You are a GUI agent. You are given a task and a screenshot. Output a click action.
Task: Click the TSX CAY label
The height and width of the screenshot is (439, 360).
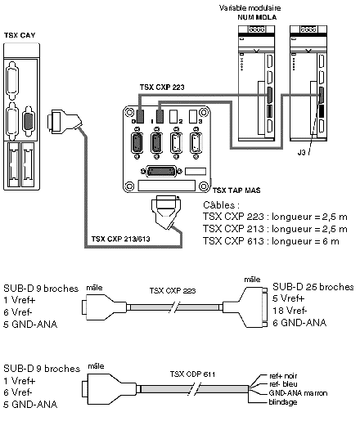[x=20, y=35]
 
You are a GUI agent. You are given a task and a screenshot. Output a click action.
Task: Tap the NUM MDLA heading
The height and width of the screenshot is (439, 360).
[x=257, y=17]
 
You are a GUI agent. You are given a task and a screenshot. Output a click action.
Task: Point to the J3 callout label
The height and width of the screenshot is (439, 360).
[x=301, y=153]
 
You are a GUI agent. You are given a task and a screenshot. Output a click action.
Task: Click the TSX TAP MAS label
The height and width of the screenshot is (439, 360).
[x=236, y=190]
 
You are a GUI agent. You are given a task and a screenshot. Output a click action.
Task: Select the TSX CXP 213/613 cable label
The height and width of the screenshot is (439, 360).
[x=121, y=239]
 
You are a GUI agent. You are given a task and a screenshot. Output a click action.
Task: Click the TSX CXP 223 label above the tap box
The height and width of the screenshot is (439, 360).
[x=162, y=87]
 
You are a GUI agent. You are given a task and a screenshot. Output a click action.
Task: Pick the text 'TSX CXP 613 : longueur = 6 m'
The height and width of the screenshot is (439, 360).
[x=271, y=241]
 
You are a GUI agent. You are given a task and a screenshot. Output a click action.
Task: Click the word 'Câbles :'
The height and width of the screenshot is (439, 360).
[x=222, y=205]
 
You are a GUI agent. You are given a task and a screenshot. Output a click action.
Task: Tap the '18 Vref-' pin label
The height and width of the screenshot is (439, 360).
[x=290, y=311]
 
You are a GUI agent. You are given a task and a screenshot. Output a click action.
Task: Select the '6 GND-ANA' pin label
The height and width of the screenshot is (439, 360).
[x=299, y=323]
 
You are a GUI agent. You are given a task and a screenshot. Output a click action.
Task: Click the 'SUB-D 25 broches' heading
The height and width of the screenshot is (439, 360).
[x=313, y=287]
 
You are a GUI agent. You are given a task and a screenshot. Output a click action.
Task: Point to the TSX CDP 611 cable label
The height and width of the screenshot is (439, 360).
[x=192, y=374]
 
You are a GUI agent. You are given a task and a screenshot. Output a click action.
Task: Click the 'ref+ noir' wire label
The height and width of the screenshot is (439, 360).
[x=283, y=376]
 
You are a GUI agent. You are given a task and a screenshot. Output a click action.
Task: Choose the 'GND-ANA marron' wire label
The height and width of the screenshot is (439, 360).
[x=298, y=393]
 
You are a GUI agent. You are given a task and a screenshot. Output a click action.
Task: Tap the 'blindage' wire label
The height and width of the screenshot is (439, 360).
[x=283, y=402]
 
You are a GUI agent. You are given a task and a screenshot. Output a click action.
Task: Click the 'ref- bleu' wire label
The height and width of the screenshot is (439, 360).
[x=283, y=384]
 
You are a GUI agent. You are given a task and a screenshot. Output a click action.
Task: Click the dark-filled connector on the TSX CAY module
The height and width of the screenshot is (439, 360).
[x=29, y=121]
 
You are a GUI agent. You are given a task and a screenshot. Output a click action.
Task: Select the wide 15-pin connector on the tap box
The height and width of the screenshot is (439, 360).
[x=161, y=172]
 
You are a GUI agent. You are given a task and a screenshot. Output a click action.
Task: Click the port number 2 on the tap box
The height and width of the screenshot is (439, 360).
[x=181, y=122]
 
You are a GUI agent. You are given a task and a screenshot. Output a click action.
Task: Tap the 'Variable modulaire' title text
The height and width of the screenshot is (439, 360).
[x=250, y=8]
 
